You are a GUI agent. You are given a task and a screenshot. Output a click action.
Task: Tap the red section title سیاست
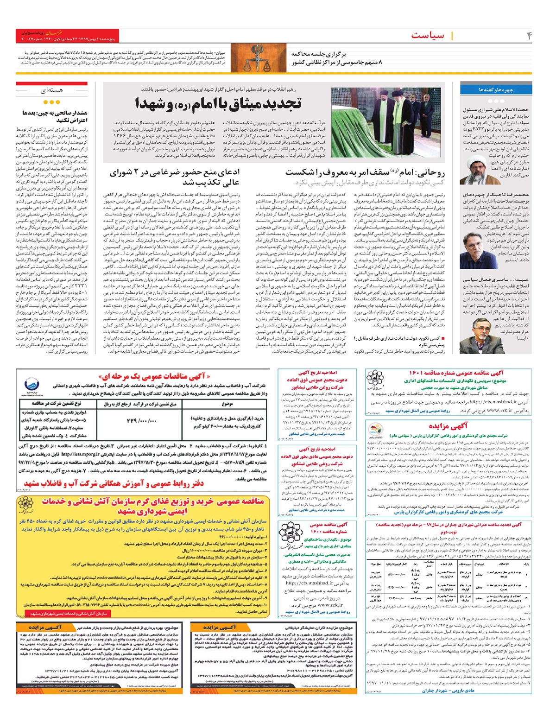[427, 36]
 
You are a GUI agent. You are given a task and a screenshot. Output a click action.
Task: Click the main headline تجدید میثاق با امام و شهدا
[218, 103]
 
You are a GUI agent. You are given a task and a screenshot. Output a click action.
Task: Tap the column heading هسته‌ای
[51, 90]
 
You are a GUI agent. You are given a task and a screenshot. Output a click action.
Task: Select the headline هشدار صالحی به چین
[55, 116]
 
